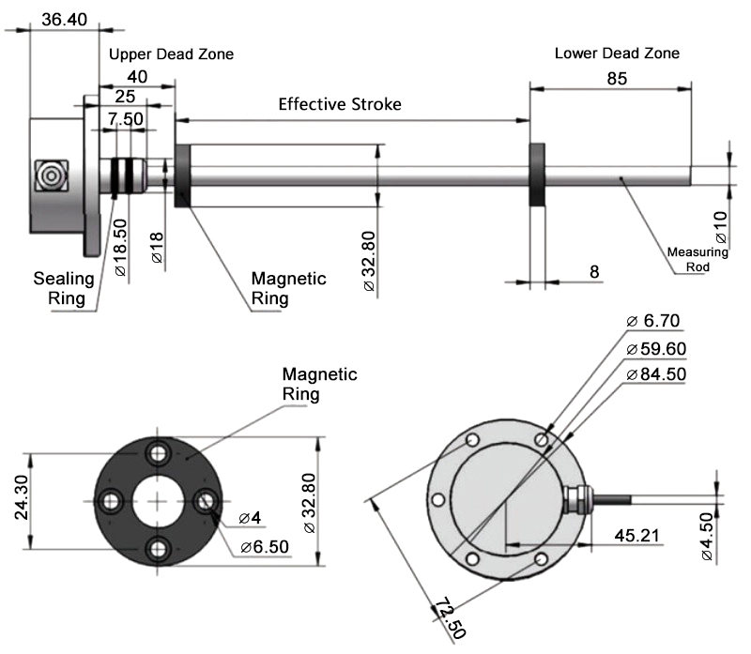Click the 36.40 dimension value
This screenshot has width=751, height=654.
pos(64,19)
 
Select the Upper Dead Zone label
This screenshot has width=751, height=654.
pos(171,54)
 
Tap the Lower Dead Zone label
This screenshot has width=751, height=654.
pos(617,53)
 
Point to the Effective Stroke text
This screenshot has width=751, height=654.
pos(339,104)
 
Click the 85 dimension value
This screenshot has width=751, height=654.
pos(616,79)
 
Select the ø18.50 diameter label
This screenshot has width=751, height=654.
pos(121,245)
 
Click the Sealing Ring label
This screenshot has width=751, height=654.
pos(65,288)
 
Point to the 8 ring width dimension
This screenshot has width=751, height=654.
pos(593,271)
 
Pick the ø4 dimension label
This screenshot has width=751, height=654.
pos(250,518)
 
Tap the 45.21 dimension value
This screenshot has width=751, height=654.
pos(636,536)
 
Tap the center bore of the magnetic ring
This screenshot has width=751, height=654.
pos(161,502)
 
